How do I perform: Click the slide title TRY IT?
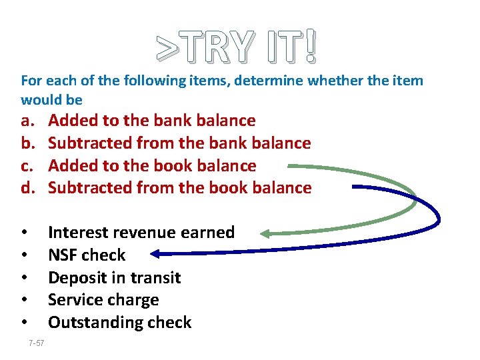pos(238,47)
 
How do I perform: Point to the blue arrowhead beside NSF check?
pos(155,253)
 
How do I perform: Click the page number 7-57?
pos(37,343)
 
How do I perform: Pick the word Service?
pos(75,300)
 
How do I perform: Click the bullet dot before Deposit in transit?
pos(24,277)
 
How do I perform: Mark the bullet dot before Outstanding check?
pos(24,323)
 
